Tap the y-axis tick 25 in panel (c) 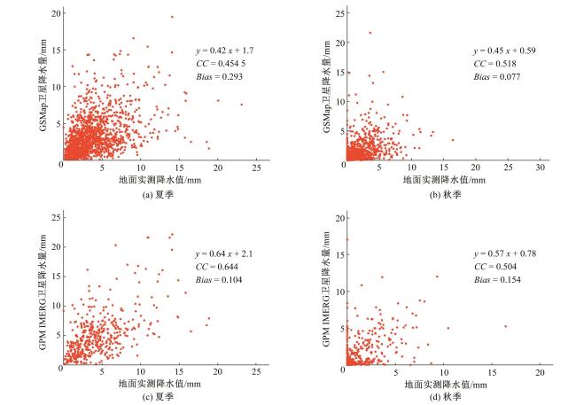click(54, 216)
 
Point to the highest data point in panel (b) click(370, 33)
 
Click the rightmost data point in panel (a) click(241, 105)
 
